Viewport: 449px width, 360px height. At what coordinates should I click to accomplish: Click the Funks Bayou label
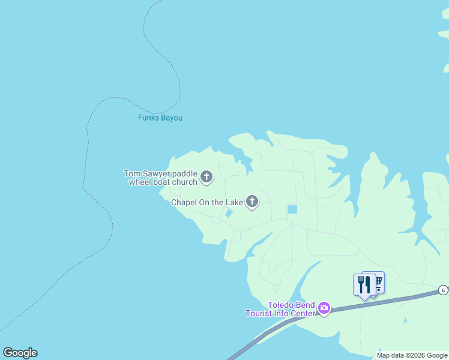pos(160,118)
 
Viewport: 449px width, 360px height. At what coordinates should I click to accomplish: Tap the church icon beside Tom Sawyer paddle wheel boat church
pos(206,177)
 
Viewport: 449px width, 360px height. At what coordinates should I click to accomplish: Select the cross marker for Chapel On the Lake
pos(252,202)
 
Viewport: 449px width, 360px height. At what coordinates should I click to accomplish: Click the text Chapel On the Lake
pos(206,202)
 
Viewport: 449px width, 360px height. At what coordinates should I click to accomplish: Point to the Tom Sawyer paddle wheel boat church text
pos(160,178)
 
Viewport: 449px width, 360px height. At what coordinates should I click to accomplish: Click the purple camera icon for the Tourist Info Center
pos(324,308)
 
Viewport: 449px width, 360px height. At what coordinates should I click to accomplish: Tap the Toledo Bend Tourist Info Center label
pos(280,308)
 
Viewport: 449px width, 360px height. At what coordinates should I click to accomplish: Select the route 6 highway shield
pos(442,290)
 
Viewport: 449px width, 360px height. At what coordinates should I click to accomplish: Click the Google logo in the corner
pos(20,353)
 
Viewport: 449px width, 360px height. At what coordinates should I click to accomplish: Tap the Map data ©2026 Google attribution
pos(412,355)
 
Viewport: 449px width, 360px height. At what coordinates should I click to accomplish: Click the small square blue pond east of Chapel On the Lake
pos(292,209)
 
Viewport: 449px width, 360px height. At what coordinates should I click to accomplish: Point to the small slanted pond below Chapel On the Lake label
pos(229,214)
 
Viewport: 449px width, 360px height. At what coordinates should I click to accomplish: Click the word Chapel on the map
pos(184,202)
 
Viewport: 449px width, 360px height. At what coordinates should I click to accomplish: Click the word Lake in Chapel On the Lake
pos(234,202)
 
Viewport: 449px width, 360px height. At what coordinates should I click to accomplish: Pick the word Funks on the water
pos(148,118)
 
